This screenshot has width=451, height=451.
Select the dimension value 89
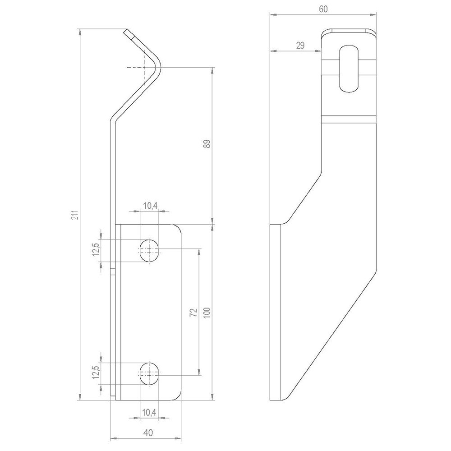[x=207, y=144]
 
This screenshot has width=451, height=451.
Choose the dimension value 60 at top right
[x=323, y=9]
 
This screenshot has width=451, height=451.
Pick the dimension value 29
[x=300, y=45]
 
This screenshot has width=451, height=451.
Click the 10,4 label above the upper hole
[x=150, y=206]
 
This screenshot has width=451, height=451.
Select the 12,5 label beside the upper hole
[x=96, y=250]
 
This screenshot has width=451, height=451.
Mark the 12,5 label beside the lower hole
[x=96, y=373]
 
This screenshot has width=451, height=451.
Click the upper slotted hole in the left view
[x=149, y=250]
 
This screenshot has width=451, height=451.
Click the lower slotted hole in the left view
[x=149, y=373]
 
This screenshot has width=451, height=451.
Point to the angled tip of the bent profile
[x=129, y=33]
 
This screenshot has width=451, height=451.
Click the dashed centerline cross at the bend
[x=144, y=68]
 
